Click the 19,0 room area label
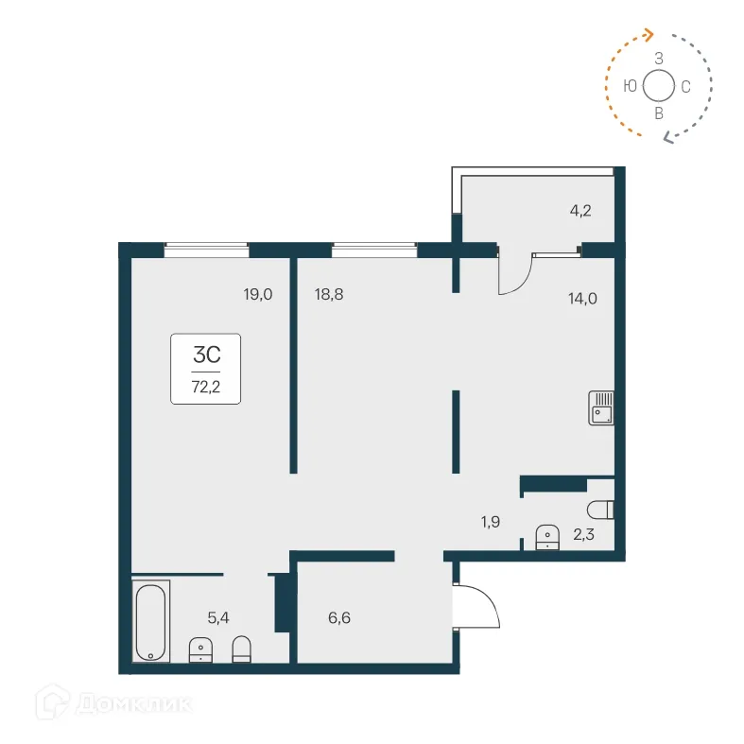[x=257, y=294]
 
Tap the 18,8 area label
[x=328, y=294]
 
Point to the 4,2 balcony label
[x=580, y=210]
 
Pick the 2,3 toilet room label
[x=584, y=536]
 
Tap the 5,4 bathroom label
[x=218, y=617]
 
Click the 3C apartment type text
[x=206, y=355]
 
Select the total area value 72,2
[x=206, y=387]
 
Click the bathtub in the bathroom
[x=151, y=621]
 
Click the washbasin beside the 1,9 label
[x=546, y=538]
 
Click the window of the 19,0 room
[x=206, y=250]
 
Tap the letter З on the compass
[x=659, y=59]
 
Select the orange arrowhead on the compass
[x=649, y=34]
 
